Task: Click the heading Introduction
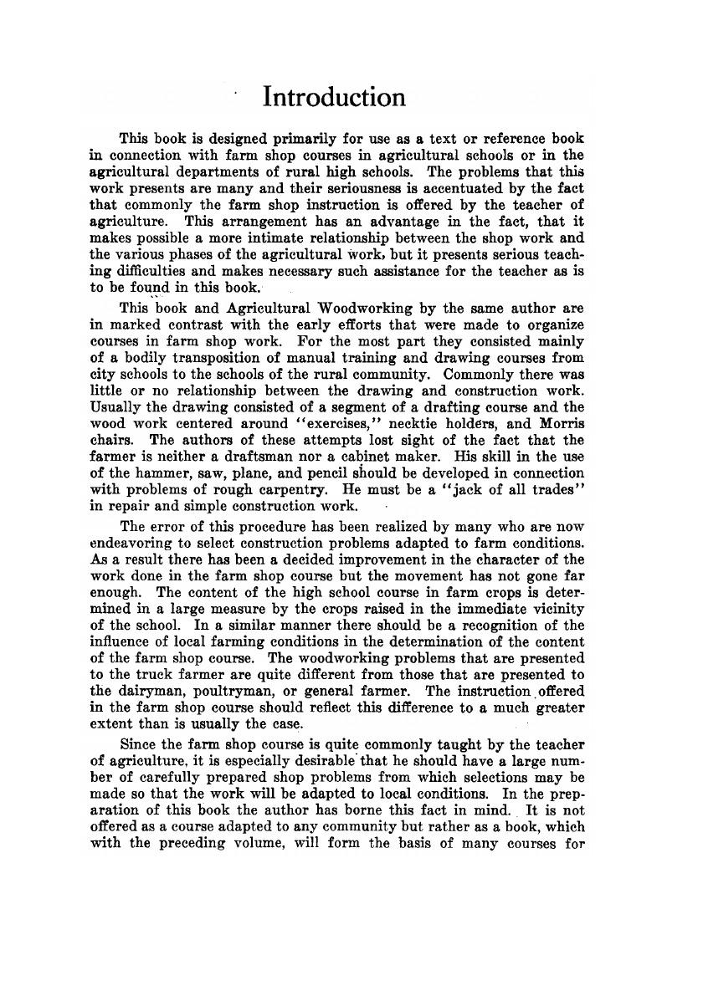tap(334, 97)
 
